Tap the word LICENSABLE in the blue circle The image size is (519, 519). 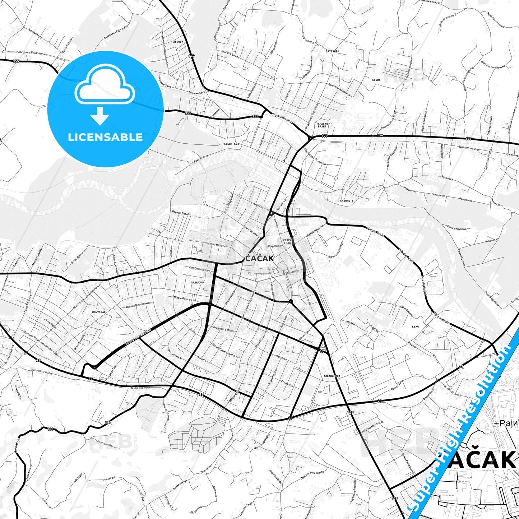pyautogui.click(x=105, y=137)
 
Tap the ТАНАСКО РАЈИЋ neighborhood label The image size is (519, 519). pyautogui.click(x=322, y=125)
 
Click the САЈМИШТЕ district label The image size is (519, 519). pyautogui.click(x=347, y=201)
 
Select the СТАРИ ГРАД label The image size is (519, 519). pyautogui.click(x=287, y=241)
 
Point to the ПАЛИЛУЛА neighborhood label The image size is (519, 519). pyautogui.click(x=197, y=283)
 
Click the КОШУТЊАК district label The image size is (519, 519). pyautogui.click(x=99, y=312)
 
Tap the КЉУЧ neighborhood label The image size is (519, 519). pyautogui.click(x=416, y=327)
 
